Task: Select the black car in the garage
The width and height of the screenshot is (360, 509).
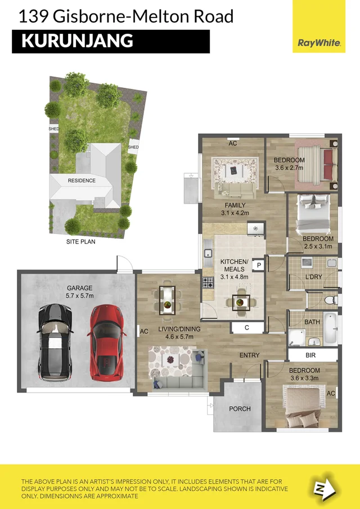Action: (x=55, y=341)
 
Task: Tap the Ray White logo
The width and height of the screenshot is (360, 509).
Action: (x=318, y=43)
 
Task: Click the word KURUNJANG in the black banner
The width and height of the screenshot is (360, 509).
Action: (x=77, y=41)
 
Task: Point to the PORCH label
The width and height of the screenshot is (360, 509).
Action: (x=240, y=409)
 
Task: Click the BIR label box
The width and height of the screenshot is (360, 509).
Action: (x=310, y=356)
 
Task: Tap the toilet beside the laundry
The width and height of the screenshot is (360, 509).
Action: (x=331, y=299)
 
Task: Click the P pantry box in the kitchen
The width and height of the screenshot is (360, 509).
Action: (x=259, y=264)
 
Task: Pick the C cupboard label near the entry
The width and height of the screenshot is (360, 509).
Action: (x=247, y=327)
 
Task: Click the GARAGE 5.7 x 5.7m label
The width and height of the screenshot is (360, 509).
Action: (x=79, y=290)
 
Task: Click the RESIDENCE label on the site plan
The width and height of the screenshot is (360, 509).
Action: (x=82, y=181)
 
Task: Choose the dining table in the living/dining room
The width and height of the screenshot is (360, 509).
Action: (x=168, y=300)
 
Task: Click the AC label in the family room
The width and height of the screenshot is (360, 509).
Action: (x=232, y=143)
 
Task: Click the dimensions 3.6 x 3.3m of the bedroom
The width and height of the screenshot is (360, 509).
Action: (x=304, y=379)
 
